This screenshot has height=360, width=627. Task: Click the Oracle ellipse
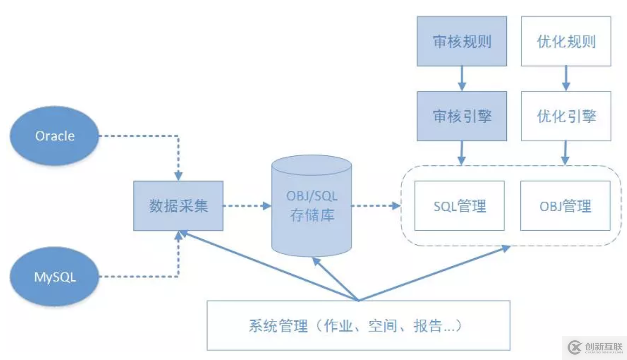coord(55,136)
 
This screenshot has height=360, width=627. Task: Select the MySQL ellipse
coord(55,277)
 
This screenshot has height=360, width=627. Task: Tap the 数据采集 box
coord(178,206)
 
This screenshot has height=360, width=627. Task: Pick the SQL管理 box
coord(460,206)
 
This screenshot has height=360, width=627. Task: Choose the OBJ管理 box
coord(565,206)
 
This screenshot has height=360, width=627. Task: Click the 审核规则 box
coord(461,41)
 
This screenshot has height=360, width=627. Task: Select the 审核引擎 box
coord(461,116)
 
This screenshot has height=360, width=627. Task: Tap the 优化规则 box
coord(566,41)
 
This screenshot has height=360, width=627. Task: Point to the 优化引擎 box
coord(566,116)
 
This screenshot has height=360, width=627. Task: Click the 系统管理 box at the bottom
coord(358,326)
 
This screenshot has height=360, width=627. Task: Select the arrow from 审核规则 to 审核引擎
coord(461,79)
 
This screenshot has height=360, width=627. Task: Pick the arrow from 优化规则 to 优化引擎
coord(566,79)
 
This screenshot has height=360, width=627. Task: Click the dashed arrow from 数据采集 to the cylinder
coord(247,206)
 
